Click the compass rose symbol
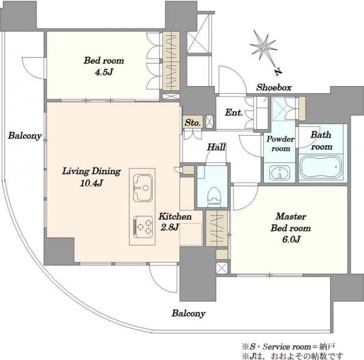(264, 48)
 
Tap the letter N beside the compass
(278, 72)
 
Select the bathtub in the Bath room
(322, 167)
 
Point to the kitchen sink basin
(143, 187)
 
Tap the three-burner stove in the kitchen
(143, 227)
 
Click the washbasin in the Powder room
(280, 173)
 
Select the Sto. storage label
(192, 122)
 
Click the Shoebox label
(274, 87)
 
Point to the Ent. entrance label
(234, 113)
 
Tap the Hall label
(216, 147)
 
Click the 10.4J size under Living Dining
(92, 184)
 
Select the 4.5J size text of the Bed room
(104, 73)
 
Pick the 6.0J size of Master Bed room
(291, 239)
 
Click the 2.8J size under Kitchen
(170, 227)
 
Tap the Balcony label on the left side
(25, 136)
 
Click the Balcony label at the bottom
(189, 313)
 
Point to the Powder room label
(280, 144)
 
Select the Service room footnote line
(288, 347)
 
